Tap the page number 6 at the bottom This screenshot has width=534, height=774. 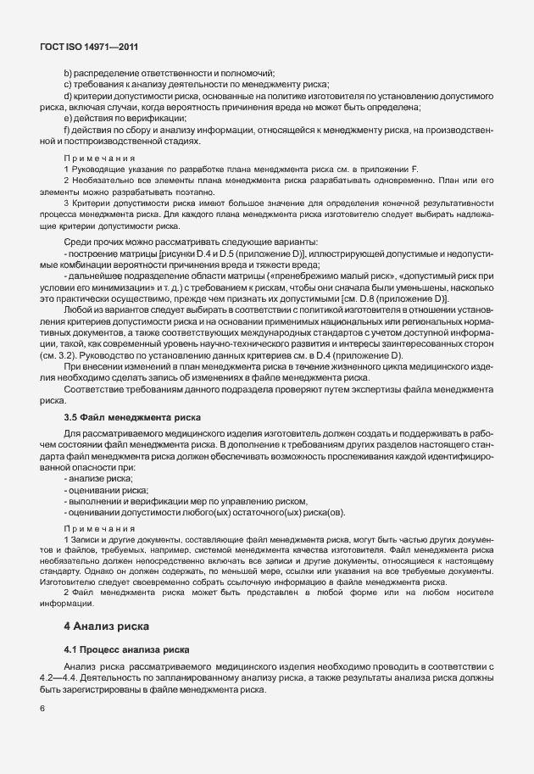point(42,708)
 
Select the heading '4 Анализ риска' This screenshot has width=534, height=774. point(107,626)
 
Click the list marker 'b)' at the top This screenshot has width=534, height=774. point(69,74)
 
